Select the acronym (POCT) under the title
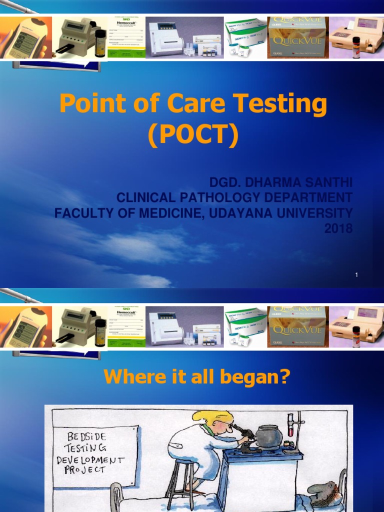click(192, 135)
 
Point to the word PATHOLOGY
click(225, 197)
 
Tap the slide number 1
click(357, 274)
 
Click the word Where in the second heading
click(125, 377)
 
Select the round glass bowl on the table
click(269, 436)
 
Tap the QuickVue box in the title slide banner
click(297, 37)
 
